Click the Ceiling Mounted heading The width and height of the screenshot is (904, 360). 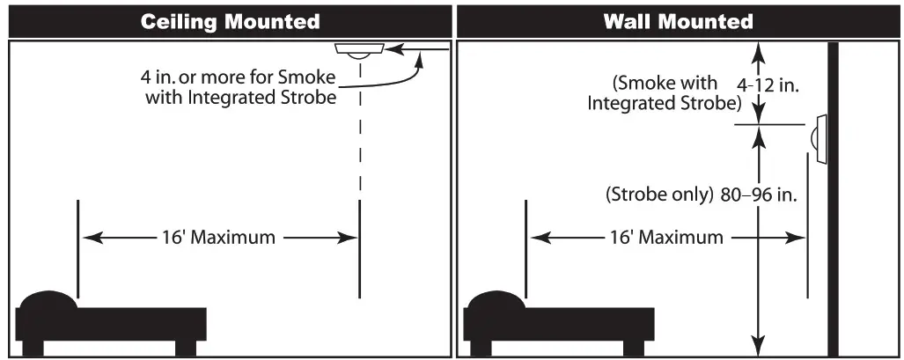[231, 21]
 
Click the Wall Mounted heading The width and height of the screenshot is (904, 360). [678, 21]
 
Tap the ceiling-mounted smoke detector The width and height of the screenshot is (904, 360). [359, 50]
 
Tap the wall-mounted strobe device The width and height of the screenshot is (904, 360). [819, 139]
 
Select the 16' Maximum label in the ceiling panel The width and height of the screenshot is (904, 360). [218, 238]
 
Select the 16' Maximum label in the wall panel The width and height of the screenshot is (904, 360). [666, 238]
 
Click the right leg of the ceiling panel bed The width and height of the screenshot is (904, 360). [186, 345]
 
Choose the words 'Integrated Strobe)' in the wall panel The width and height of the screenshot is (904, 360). [665, 103]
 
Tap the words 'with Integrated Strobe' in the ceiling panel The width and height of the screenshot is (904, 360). [240, 98]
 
